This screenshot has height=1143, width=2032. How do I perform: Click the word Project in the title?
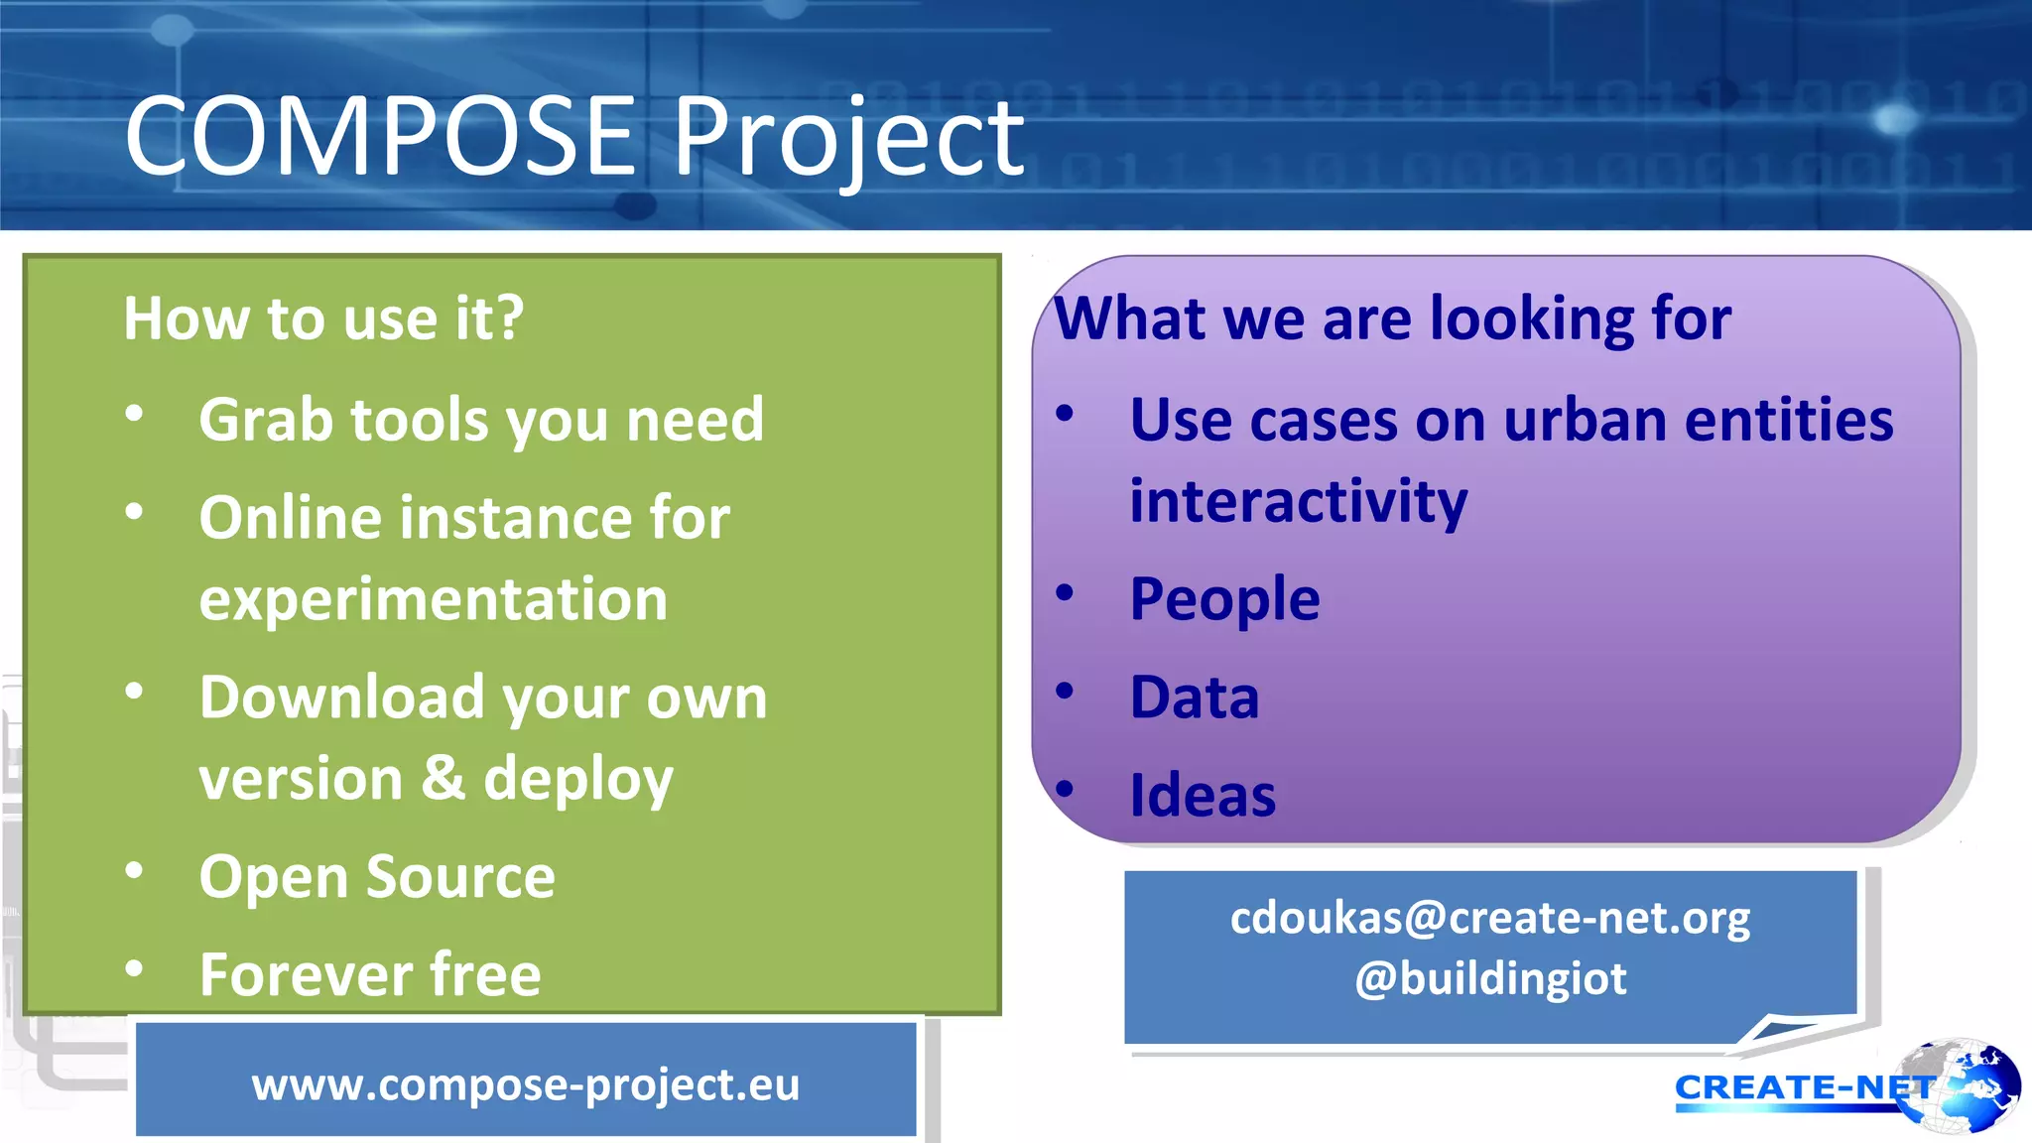[x=848, y=138]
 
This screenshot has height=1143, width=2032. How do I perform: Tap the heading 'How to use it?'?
[x=323, y=318]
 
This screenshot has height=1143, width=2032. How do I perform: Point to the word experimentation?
[x=434, y=599]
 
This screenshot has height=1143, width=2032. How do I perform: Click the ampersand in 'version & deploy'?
[x=443, y=777]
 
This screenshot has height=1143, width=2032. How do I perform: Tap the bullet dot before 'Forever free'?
[x=135, y=967]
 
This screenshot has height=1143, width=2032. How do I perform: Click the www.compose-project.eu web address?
[x=525, y=1083]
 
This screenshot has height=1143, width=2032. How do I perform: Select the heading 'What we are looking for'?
[x=1392, y=318]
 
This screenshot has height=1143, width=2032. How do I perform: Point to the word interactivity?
[x=1298, y=501]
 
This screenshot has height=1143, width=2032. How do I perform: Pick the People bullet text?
[x=1224, y=599]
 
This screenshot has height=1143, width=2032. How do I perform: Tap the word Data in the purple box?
[x=1195, y=697]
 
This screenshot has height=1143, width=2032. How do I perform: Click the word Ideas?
[x=1203, y=796]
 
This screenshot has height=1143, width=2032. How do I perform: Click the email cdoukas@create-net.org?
[x=1489, y=918]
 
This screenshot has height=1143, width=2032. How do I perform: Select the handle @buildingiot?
[x=1489, y=978]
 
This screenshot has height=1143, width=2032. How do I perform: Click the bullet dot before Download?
[x=135, y=691]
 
